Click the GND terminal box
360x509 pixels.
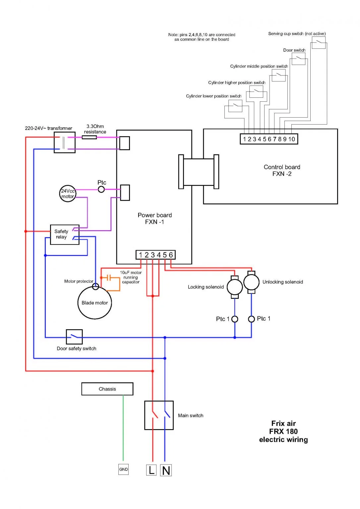point(123,469)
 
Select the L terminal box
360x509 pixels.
point(151,470)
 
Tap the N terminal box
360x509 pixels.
point(166,470)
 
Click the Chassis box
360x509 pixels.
point(107,389)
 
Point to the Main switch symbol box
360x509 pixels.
point(159,415)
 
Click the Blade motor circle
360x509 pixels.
point(95,303)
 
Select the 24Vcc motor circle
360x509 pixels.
point(68,194)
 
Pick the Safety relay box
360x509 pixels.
point(65,235)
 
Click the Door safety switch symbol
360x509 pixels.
point(74,337)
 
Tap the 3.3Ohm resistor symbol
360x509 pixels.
point(89,137)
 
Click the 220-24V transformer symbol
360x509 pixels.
point(64,142)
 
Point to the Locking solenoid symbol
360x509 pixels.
point(235,287)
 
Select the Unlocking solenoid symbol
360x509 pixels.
point(251,282)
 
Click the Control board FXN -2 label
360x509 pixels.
point(282,170)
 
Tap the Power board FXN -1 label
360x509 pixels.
point(154,218)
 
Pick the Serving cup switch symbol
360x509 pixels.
point(319,43)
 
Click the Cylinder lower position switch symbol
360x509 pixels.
point(235,106)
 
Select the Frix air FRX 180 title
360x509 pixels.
point(283,431)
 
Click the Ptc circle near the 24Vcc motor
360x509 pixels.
point(101,190)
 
